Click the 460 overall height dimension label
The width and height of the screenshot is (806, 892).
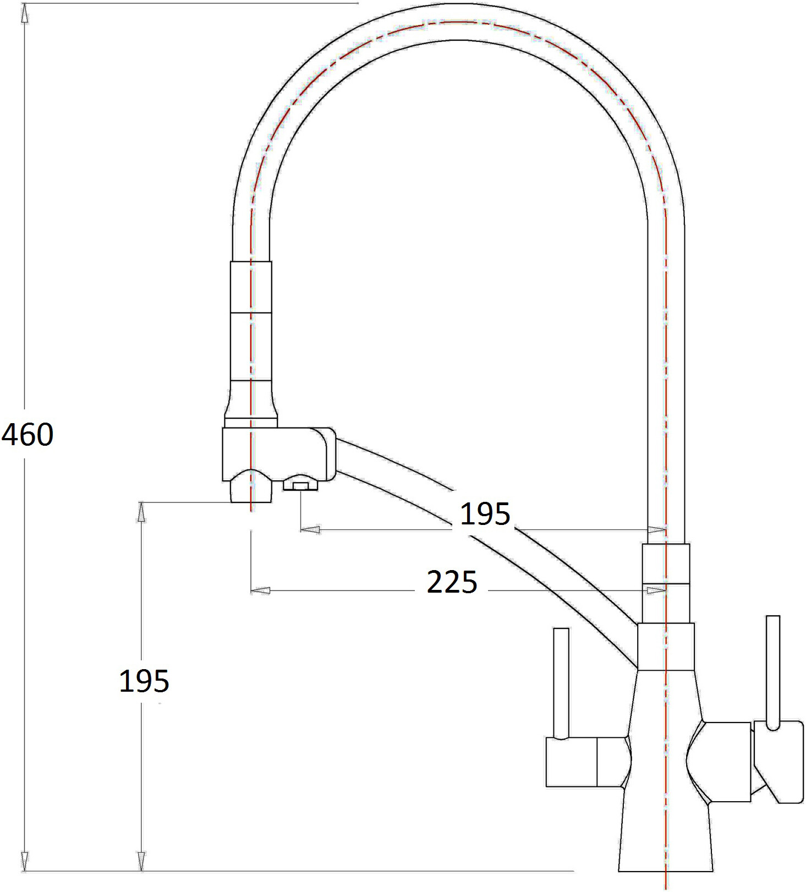pyautogui.click(x=28, y=434)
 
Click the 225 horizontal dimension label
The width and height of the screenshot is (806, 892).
pyautogui.click(x=452, y=582)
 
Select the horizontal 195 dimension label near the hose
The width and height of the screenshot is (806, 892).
pyautogui.click(x=485, y=514)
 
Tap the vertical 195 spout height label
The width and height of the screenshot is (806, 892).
pyautogui.click(x=144, y=681)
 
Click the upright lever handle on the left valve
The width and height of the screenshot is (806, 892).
pyautogui.click(x=561, y=682)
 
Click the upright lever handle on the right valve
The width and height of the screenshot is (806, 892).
pyautogui.click(x=773, y=671)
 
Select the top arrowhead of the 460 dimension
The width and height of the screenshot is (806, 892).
pyautogui.click(x=24, y=13)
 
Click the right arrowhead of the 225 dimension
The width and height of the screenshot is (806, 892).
pyautogui.click(x=656, y=590)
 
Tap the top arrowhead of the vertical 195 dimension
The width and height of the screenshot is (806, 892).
pyautogui.click(x=141, y=512)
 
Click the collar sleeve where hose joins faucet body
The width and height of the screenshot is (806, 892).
pyautogui.click(x=666, y=647)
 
